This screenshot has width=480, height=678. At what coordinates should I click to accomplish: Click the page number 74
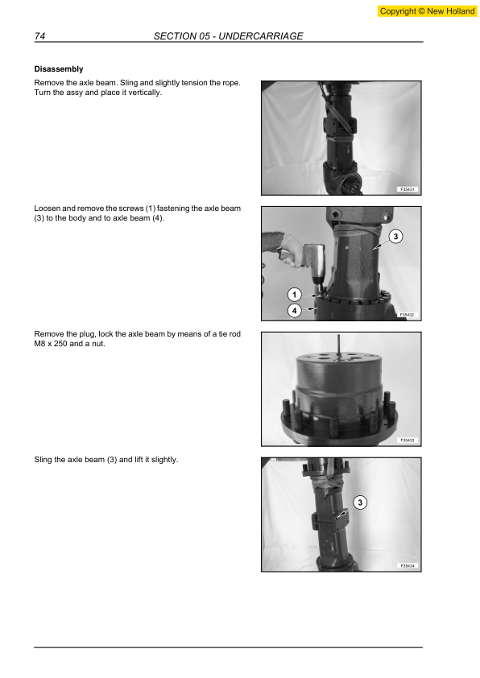pyautogui.click(x=39, y=36)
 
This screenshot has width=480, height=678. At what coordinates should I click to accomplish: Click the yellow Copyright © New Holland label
pyautogui.click(x=427, y=11)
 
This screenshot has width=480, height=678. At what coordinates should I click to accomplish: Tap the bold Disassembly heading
pyautogui.click(x=59, y=69)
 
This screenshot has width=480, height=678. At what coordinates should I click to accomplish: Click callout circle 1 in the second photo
pyautogui.click(x=295, y=294)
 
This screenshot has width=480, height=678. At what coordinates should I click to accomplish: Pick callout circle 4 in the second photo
pyautogui.click(x=295, y=310)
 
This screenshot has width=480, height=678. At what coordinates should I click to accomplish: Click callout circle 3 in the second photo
pyautogui.click(x=395, y=236)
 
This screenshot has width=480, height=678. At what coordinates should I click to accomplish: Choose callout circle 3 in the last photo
pyautogui.click(x=360, y=502)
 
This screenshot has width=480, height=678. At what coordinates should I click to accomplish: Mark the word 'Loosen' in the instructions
pyautogui.click(x=48, y=209)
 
